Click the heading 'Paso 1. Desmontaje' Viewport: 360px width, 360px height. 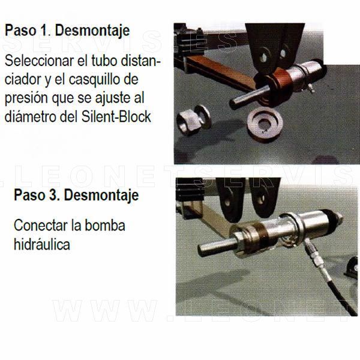tap(67, 31)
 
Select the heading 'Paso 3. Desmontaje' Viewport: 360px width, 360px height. tap(76, 196)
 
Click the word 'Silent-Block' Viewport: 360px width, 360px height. tap(116, 116)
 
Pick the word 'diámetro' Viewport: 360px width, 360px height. tap(30, 116)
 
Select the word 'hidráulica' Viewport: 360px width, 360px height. tap(42, 244)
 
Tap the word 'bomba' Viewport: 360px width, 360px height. tap(105, 226)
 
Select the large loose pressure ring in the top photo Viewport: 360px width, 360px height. tap(265, 124)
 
